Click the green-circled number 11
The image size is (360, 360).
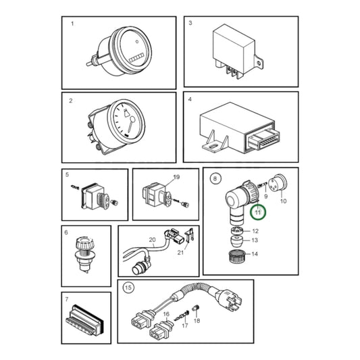tap(258, 212)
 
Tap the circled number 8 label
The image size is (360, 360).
tap(215, 178)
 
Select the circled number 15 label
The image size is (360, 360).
tap(128, 288)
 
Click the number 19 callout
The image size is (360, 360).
tap(176, 177)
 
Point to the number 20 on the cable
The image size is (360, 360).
tap(152, 240)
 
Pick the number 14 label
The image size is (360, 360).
tap(255, 254)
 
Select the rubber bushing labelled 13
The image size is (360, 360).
tap(236, 240)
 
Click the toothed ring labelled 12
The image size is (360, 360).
tap(236, 230)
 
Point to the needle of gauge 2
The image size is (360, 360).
tap(130, 124)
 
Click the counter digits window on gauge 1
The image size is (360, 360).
tap(136, 57)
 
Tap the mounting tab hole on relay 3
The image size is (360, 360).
tap(259, 63)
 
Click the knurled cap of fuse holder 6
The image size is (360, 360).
tap(84, 244)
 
